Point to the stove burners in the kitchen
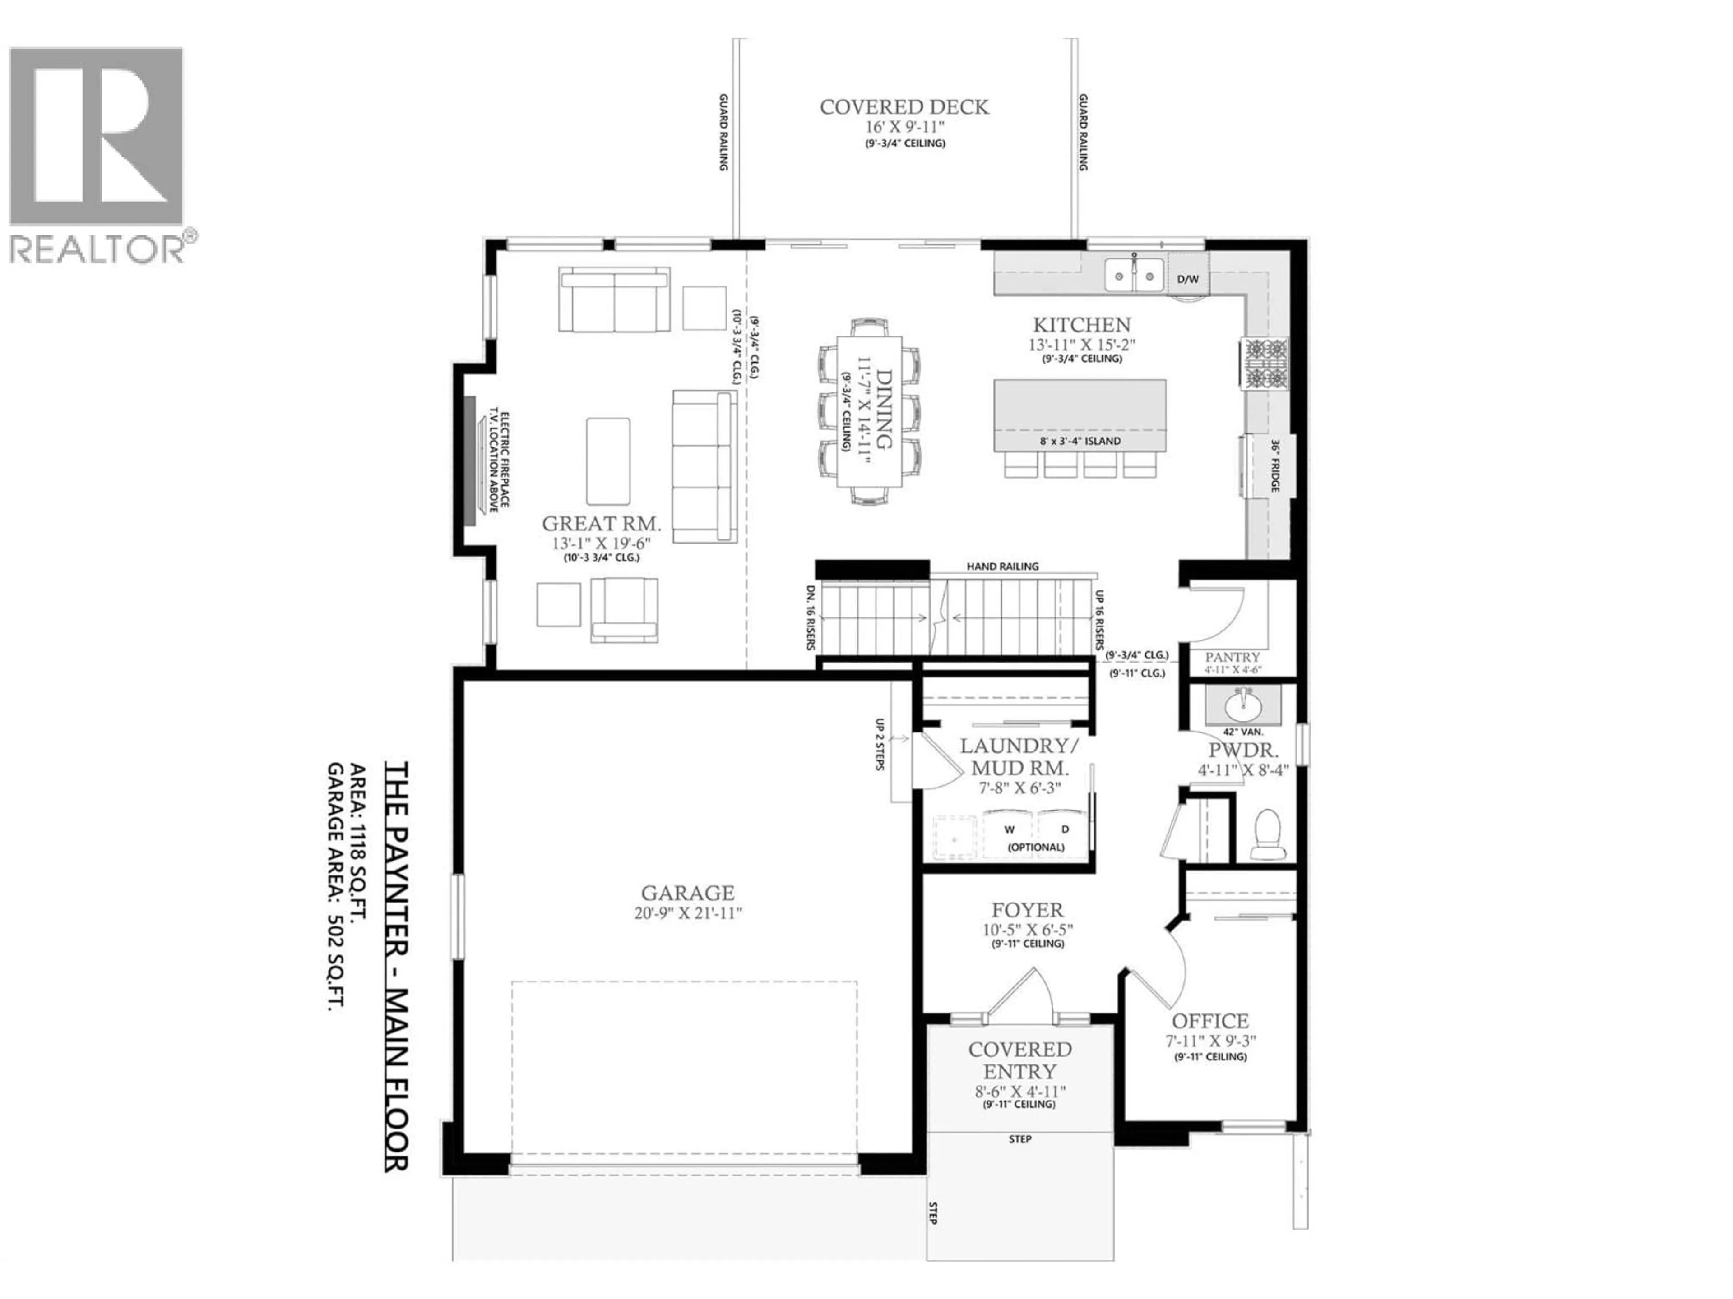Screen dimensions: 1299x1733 point(1263,363)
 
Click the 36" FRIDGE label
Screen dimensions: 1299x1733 point(1274,465)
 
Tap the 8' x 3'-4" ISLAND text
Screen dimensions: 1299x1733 point(1080,441)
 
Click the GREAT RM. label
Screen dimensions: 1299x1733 point(602,523)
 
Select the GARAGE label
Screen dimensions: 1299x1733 point(688,893)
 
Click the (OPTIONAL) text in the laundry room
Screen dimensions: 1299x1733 point(1036,847)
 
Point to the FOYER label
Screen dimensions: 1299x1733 point(1027,910)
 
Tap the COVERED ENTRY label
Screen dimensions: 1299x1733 point(1020,1060)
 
